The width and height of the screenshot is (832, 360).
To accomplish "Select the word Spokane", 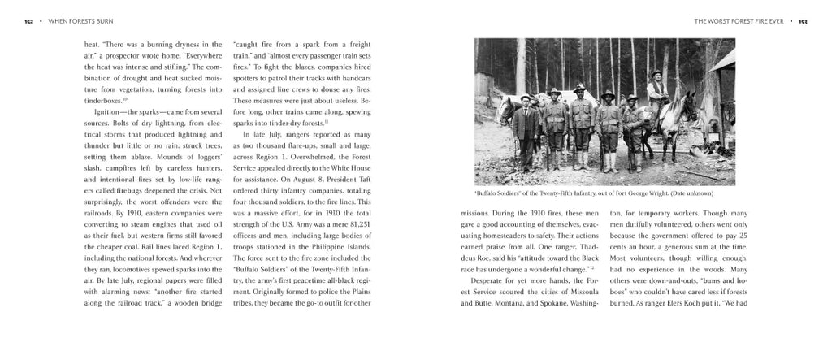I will click(x=555, y=303).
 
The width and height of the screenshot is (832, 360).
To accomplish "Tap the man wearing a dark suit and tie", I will click(x=526, y=131).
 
